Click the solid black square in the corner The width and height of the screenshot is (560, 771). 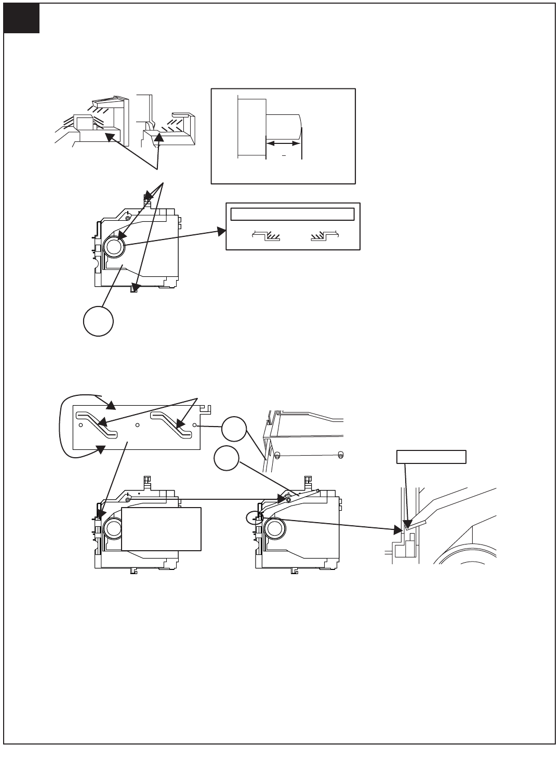21,19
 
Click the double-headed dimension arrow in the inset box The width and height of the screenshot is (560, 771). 283,143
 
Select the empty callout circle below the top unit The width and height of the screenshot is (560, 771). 98,321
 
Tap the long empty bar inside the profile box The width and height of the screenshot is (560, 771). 292,214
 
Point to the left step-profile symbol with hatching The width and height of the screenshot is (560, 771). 266,236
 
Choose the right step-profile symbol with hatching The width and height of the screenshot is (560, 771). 324,236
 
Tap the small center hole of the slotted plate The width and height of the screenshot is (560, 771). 137,425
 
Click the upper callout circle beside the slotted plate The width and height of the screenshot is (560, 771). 234,429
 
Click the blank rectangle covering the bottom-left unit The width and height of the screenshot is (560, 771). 161,528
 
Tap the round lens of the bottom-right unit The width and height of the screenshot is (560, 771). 275,529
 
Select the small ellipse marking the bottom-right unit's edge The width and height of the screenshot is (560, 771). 252,517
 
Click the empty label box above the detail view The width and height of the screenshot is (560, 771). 431,457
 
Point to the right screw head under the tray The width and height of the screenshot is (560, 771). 340,455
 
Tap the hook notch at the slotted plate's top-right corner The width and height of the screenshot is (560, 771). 207,410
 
